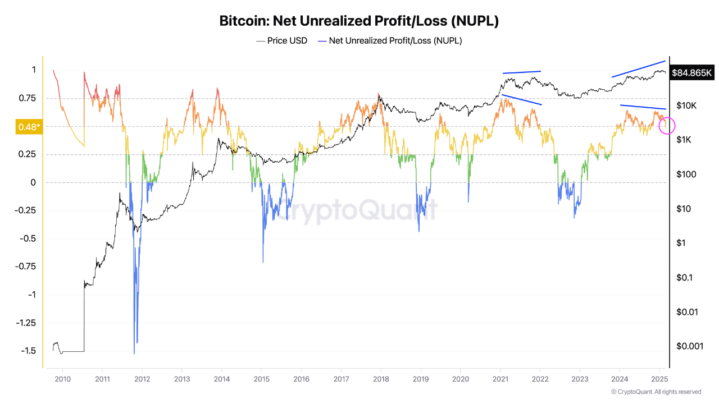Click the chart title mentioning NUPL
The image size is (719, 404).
click(x=359, y=21)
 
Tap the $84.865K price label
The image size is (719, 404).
click(x=693, y=73)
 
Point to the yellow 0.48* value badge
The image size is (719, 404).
click(x=28, y=127)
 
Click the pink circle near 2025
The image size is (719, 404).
click(x=666, y=126)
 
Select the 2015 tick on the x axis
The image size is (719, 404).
click(x=261, y=379)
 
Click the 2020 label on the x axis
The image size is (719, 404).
click(x=460, y=379)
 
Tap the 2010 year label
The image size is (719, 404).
click(x=62, y=379)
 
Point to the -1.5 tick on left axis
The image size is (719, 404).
click(x=28, y=351)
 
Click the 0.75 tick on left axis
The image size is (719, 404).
click(x=26, y=98)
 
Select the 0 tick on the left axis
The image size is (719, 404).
click(x=33, y=182)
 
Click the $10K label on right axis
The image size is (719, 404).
click(x=686, y=105)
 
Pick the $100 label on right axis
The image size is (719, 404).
click(x=686, y=175)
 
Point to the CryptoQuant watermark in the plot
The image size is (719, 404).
click(x=359, y=210)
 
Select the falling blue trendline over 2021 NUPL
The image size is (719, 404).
click(x=522, y=100)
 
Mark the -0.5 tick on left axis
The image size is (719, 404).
click(x=28, y=238)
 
